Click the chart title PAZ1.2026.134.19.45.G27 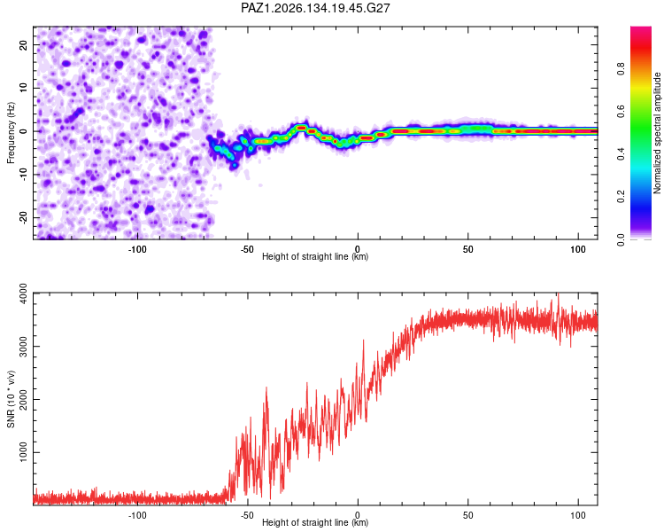[315, 8]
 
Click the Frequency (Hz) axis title [11, 133]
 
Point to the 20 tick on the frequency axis [23, 44]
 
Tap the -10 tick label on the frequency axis [23, 175]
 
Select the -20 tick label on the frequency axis [23, 217]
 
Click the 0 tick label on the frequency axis [23, 131]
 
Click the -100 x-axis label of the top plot [137, 249]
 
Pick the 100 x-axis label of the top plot [578, 249]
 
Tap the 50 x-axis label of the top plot [468, 249]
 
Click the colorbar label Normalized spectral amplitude [657, 133]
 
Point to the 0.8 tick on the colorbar [621, 69]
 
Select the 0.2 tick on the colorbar [621, 197]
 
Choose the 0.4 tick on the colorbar [621, 154]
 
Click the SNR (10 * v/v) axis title [11, 399]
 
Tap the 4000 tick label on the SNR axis [23, 293]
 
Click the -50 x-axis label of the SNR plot [247, 515]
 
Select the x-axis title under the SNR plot [315, 522]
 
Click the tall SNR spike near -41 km [266, 387]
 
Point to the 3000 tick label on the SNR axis [23, 347]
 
